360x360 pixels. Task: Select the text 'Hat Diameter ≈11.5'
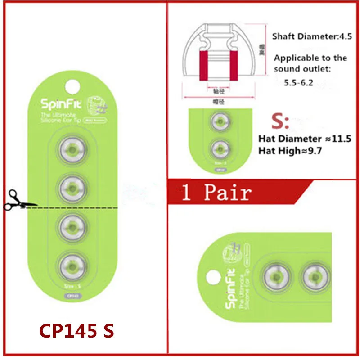click(x=303, y=139)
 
